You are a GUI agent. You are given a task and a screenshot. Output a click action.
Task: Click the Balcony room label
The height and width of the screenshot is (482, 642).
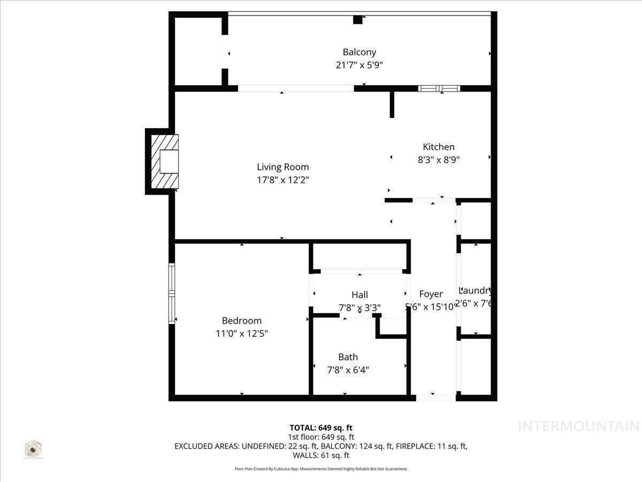(x=359, y=52)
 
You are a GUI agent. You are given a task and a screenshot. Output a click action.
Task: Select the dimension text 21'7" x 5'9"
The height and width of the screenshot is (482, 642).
(x=359, y=65)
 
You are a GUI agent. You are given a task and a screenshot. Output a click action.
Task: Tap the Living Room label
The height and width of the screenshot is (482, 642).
(x=282, y=167)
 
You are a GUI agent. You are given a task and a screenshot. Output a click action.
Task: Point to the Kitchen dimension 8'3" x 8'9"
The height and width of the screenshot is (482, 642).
(x=438, y=159)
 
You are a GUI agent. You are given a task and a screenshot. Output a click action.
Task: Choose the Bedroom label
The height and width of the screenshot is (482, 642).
(x=242, y=321)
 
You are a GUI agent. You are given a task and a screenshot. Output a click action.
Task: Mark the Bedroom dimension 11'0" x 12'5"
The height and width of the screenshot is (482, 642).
(x=242, y=333)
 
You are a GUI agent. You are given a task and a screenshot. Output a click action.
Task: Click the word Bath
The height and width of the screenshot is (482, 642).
(x=348, y=357)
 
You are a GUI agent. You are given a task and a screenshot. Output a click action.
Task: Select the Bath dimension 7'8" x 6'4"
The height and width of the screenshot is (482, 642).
(x=348, y=370)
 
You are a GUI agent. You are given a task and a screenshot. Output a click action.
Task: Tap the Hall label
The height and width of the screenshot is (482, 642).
(x=360, y=295)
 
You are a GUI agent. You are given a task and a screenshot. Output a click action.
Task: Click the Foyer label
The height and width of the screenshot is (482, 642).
(x=431, y=294)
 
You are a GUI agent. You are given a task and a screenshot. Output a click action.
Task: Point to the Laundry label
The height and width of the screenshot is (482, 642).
(x=475, y=291)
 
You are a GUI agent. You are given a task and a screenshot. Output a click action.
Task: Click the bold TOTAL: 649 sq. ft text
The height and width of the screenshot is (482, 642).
(x=321, y=427)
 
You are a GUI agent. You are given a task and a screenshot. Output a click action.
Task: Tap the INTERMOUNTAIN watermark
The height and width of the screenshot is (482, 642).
(x=579, y=426)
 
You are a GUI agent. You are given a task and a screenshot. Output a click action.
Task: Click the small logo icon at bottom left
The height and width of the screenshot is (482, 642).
(x=33, y=449)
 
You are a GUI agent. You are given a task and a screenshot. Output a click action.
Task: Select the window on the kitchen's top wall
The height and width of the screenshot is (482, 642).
(x=438, y=88)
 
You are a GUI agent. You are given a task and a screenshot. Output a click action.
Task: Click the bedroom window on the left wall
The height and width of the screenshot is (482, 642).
(x=172, y=293)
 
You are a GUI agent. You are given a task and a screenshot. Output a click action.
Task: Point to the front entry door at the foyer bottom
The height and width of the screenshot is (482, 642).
(x=435, y=397)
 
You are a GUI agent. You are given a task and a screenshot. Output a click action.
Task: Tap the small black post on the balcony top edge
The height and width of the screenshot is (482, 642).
(x=357, y=20)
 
